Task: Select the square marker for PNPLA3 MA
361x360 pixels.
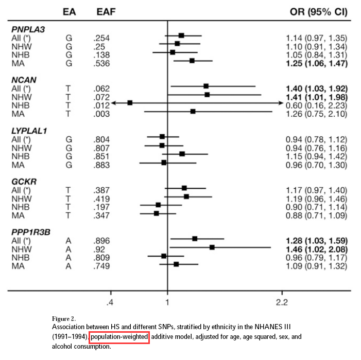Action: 192,61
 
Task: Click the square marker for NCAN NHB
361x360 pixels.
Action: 130,103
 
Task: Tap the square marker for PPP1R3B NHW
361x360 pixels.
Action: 212,247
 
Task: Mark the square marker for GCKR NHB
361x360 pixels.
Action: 158,205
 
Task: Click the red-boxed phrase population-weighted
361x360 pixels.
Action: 119,337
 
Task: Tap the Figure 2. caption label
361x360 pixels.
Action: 67,318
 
